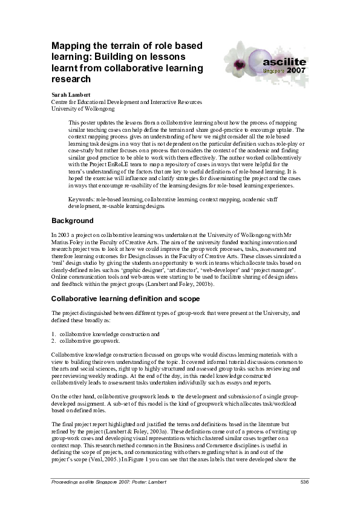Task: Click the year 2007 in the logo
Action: coord(296,70)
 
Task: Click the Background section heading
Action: coord(72,221)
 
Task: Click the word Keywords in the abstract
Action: coord(82,199)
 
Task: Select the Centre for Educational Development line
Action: coord(126,103)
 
